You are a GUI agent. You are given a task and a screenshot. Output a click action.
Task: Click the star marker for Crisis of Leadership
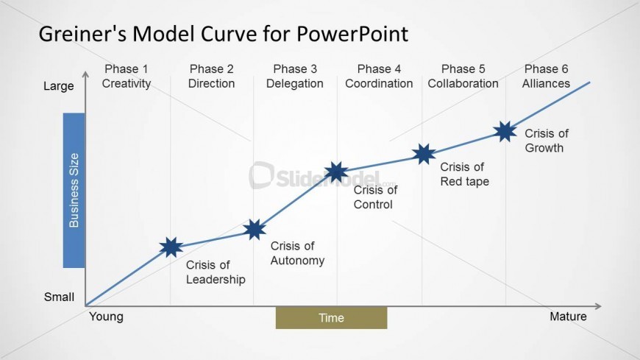[x=171, y=247]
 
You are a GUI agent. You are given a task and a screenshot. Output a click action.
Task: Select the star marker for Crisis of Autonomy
[x=255, y=230]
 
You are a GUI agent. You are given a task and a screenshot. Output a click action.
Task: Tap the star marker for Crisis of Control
[x=336, y=172]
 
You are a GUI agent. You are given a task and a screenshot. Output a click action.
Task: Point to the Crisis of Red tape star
[x=424, y=154]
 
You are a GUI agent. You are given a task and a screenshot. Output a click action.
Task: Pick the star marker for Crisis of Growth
[x=505, y=132]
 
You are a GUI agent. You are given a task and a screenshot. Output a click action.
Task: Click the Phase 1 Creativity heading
[x=127, y=77]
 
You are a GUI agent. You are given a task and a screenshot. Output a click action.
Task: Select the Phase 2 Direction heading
[x=211, y=77]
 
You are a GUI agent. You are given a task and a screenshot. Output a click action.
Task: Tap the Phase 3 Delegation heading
[x=295, y=77]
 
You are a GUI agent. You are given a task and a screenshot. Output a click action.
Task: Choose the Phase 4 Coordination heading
[x=379, y=77]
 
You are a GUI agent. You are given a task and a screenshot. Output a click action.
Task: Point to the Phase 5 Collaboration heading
[x=463, y=77]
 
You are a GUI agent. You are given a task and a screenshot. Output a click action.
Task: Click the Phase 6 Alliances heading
[x=546, y=77]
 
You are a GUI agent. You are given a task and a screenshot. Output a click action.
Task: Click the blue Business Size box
[x=74, y=190]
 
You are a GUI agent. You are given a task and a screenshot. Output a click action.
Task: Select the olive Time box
[x=331, y=318]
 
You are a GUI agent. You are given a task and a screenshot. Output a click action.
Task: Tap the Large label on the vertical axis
[x=59, y=86]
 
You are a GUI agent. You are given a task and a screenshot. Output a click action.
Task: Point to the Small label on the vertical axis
[x=59, y=297]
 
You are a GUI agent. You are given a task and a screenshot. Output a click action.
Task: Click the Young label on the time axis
[x=106, y=317]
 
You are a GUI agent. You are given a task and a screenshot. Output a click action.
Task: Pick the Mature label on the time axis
[x=568, y=317]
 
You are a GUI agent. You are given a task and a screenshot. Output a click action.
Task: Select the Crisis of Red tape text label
[x=464, y=174]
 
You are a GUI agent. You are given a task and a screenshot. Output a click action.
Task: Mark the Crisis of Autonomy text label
[x=297, y=253]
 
